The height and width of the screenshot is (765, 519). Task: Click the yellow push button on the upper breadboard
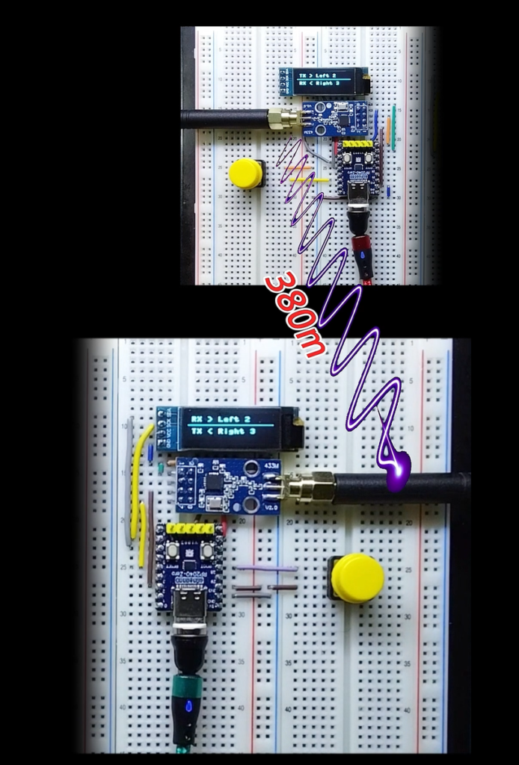coord(245,173)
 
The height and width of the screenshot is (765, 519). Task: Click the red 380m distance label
coord(295,315)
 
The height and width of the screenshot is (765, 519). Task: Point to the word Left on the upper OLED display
coord(324,76)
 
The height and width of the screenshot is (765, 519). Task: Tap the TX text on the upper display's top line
coord(302,76)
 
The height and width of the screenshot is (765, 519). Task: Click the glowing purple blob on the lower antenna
coord(396,472)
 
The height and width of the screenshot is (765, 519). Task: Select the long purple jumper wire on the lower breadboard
coord(265,569)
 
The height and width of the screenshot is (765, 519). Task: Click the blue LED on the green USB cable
coord(187,706)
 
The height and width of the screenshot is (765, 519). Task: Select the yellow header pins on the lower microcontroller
coord(190,529)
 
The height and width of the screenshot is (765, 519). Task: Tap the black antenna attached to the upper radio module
coord(224,117)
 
